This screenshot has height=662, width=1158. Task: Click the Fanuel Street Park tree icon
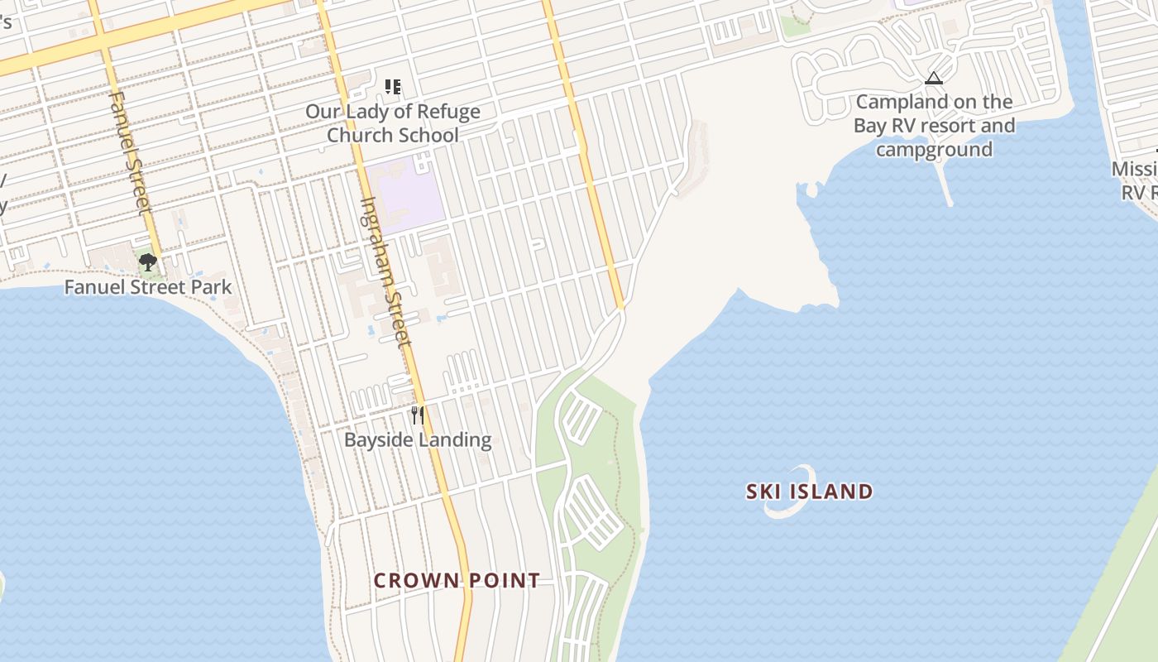coord(148,262)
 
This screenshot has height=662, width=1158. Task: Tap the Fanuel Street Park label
coord(148,288)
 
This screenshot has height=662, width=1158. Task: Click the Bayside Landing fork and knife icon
coord(418,414)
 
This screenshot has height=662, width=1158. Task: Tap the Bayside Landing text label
coord(418,439)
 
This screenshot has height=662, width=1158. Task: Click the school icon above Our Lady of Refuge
coord(393,86)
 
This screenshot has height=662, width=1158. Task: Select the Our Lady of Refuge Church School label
coord(393,122)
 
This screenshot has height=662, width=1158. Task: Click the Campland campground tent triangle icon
coord(934,79)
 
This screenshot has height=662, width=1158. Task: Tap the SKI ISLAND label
coord(809,492)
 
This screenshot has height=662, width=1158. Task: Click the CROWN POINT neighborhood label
coord(457,580)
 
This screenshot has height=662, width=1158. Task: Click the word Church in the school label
coord(354,135)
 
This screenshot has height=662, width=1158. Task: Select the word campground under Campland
coord(934,150)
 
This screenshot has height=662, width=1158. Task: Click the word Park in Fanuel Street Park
coord(213,288)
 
